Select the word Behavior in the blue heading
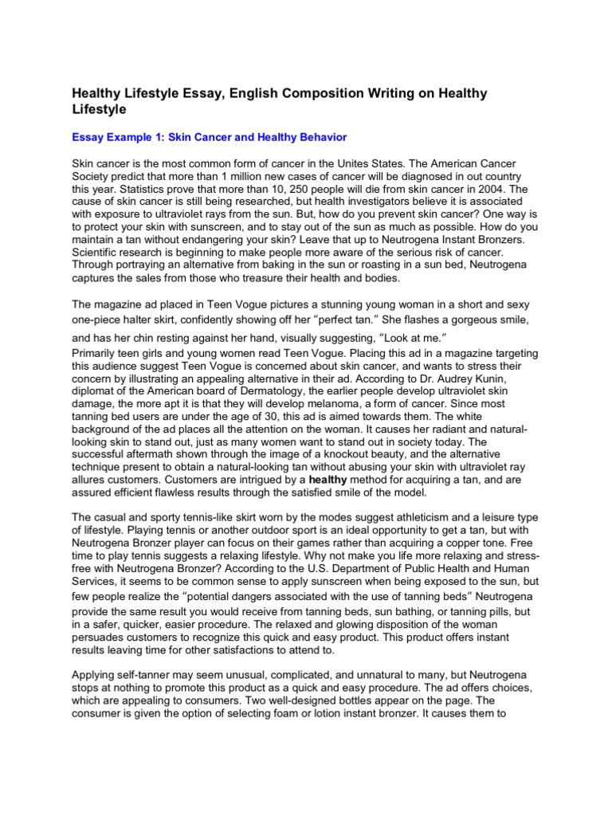pyautogui.click(x=319, y=137)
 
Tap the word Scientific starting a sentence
pyautogui.click(x=97, y=240)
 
